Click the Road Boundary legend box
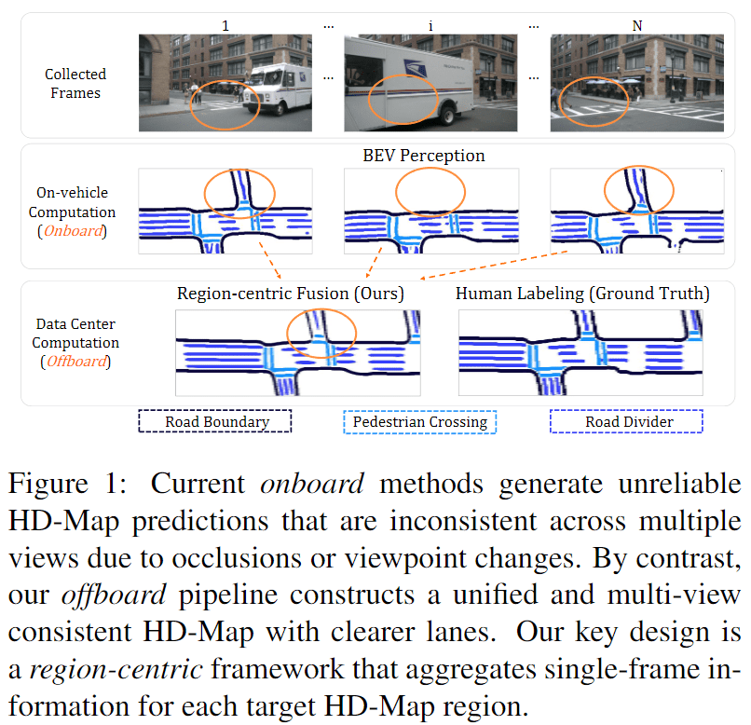tap(216, 422)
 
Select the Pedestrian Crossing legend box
tap(419, 422)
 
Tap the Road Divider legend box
tap(625, 422)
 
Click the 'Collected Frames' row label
tap(75, 83)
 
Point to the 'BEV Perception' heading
tap(424, 156)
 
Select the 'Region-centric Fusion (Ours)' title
tap(290, 294)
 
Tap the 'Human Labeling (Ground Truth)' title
tap(582, 294)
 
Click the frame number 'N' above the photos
tap(637, 25)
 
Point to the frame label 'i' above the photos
tap(430, 25)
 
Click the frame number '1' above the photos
tap(224, 25)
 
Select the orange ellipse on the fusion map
tap(321, 333)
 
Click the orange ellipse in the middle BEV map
tap(431, 194)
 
